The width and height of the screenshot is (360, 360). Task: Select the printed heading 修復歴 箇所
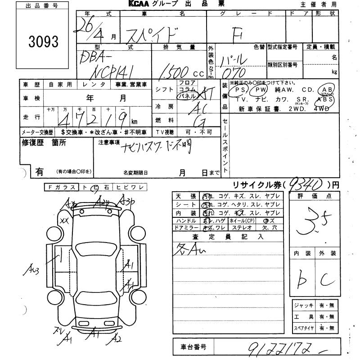[44, 143]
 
